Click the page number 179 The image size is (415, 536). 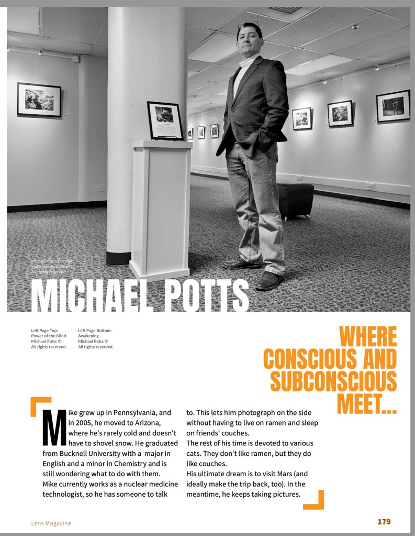[384, 522]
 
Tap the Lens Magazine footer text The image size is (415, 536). [51, 523]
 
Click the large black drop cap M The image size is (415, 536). [53, 426]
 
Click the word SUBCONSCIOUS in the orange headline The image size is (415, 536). [333, 381]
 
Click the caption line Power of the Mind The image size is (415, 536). [48, 336]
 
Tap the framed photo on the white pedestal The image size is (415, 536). [165, 121]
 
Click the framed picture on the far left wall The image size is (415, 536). [39, 100]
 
